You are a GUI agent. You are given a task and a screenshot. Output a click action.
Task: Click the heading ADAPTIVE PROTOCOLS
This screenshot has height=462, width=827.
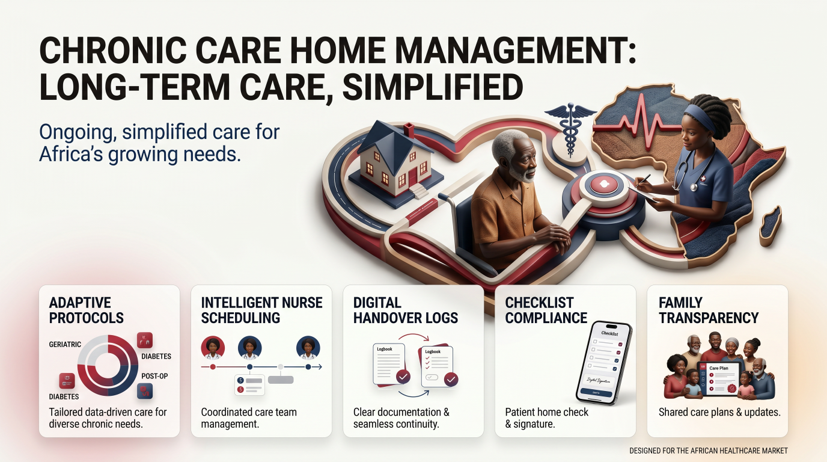(86, 310)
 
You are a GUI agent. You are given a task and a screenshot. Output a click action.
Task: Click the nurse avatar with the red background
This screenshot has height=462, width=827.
(212, 348)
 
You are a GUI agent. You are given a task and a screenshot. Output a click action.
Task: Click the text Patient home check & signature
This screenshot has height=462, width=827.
(547, 418)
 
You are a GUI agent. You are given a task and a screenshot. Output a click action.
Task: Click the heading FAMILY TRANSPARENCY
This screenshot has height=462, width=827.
(708, 310)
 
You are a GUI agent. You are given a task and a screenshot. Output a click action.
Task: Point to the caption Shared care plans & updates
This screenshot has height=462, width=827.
(719, 413)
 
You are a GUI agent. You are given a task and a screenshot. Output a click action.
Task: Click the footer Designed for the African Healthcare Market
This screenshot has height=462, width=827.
(708, 451)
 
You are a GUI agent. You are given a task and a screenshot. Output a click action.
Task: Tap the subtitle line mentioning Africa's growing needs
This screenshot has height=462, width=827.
(140, 154)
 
